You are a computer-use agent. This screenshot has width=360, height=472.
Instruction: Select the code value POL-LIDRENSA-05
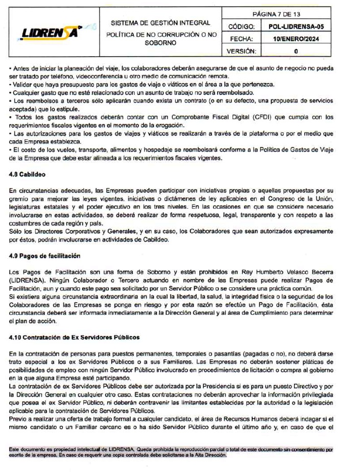296,26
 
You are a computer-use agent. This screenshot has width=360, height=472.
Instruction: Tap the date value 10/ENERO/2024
296,38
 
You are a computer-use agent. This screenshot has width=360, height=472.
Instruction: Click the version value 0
296,51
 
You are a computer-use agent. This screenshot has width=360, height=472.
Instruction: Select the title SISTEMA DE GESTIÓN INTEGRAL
161,23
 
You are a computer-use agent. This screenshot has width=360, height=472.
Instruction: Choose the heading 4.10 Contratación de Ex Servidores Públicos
75,337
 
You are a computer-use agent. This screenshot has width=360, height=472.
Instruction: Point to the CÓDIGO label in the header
242,26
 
